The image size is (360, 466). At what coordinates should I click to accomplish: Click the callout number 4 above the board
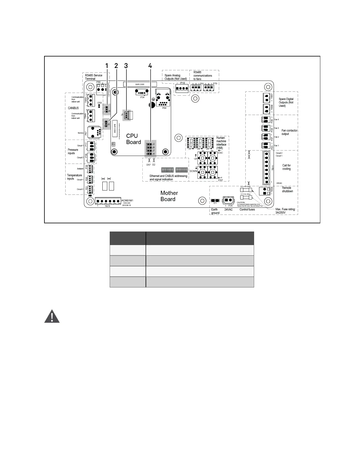[x=150, y=66]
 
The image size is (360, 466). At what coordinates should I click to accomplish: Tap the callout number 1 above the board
[x=107, y=66]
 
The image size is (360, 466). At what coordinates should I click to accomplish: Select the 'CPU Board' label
[x=134, y=139]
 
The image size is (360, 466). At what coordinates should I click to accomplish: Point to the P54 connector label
[x=142, y=97]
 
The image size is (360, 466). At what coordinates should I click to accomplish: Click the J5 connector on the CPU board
[x=128, y=115]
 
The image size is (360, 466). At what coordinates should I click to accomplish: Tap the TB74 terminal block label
[x=107, y=206]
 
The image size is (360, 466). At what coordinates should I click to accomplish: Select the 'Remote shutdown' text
[x=287, y=189]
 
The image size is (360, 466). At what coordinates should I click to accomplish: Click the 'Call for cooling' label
[x=286, y=167]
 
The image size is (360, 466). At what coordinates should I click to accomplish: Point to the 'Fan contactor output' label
[x=289, y=132]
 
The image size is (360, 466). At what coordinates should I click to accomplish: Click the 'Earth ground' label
[x=215, y=211]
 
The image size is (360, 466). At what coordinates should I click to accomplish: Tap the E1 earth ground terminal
[x=215, y=201]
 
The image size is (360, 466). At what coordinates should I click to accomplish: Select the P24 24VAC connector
[x=228, y=200]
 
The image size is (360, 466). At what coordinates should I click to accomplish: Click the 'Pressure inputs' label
[x=73, y=152]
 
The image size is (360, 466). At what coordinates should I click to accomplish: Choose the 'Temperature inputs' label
[x=74, y=177]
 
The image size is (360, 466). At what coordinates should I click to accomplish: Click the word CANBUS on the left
[x=73, y=108]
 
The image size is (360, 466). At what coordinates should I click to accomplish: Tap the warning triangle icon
[x=52, y=317]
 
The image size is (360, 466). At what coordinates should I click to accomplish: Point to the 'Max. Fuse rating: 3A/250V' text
[x=285, y=211]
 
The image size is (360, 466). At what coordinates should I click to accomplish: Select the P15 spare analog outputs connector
[x=182, y=88]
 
